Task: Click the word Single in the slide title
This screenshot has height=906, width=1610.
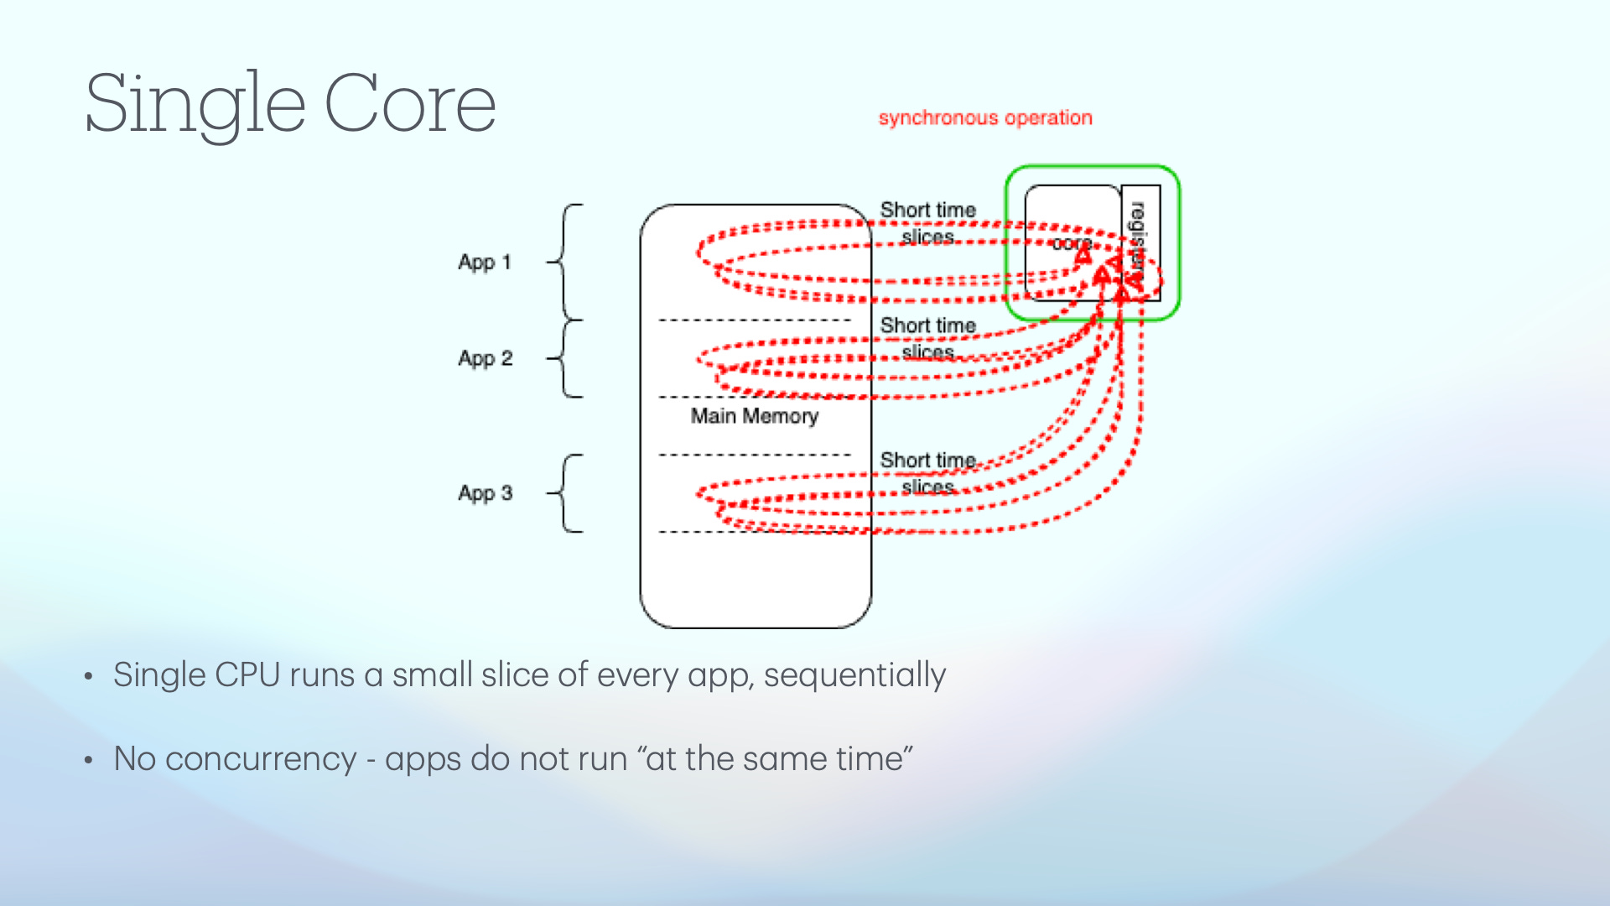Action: click(195, 104)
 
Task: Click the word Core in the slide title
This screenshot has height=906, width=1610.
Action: click(410, 104)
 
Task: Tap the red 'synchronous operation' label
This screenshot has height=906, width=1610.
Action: click(985, 118)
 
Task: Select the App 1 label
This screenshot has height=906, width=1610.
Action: click(485, 263)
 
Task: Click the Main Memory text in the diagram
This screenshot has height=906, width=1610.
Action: click(754, 416)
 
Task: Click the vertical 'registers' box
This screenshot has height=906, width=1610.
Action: click(1140, 242)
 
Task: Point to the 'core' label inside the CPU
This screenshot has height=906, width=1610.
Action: click(1072, 244)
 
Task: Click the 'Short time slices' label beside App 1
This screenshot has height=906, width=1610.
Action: click(928, 223)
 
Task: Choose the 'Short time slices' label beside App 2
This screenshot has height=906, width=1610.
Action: click(928, 338)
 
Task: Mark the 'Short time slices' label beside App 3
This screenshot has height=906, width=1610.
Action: click(928, 473)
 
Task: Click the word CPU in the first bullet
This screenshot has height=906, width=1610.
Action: click(247, 675)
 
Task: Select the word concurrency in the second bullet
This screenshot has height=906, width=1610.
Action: click(261, 759)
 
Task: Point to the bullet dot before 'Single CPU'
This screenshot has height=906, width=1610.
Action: click(88, 677)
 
